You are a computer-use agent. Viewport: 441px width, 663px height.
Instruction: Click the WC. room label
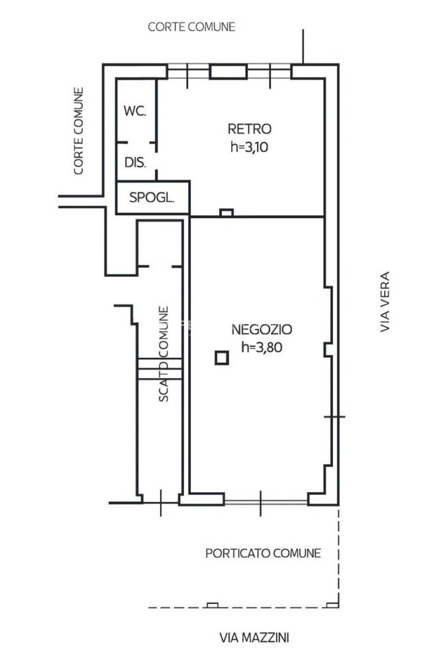(135, 111)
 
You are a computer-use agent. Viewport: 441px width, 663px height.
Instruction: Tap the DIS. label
(135, 162)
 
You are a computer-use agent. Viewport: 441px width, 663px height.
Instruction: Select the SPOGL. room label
(152, 197)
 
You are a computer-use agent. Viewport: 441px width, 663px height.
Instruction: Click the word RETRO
(249, 129)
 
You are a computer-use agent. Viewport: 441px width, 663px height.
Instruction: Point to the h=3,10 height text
(249, 147)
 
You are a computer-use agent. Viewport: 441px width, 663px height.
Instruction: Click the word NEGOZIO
(262, 329)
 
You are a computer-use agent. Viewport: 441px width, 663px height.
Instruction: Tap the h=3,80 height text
(262, 347)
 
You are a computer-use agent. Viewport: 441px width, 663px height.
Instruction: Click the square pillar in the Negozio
(222, 358)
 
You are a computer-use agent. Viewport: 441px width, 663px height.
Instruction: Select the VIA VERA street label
(385, 302)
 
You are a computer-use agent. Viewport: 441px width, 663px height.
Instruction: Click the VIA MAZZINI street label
(254, 638)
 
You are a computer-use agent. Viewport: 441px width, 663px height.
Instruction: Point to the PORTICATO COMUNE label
(263, 553)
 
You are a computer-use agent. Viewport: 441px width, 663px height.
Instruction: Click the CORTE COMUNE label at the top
(191, 27)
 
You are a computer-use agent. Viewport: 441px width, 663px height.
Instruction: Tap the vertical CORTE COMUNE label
(79, 131)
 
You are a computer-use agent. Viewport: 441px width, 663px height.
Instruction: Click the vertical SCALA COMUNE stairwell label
(164, 354)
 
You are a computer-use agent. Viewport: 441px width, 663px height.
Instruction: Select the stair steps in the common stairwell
(160, 369)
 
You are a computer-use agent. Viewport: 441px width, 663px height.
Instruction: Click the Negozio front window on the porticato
(266, 503)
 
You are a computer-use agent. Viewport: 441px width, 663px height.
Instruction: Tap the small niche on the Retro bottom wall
(227, 213)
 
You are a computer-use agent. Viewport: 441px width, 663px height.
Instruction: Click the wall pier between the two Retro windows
(228, 72)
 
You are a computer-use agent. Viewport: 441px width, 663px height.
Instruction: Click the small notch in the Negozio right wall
(328, 350)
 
